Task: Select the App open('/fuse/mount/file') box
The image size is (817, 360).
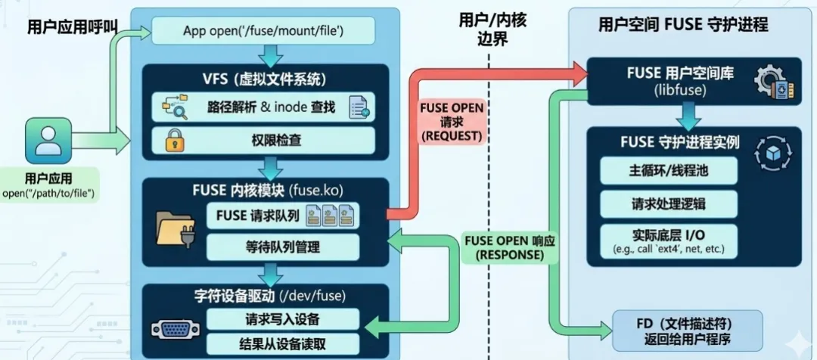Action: pos(264,31)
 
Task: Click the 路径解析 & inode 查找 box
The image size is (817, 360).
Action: pos(264,108)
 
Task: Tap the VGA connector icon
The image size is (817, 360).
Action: pos(176,330)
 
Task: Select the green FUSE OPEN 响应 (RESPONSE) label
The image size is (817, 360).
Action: pos(509,248)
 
